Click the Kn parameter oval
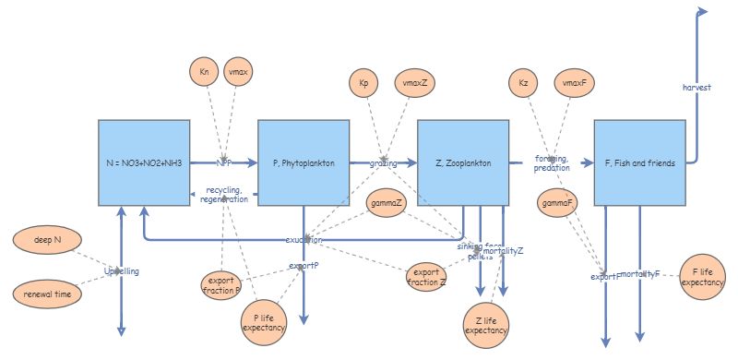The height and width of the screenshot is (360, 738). [x=204, y=71]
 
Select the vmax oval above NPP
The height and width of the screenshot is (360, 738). [x=239, y=71]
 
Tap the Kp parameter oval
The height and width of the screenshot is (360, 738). [x=363, y=84]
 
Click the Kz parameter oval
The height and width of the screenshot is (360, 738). [x=523, y=84]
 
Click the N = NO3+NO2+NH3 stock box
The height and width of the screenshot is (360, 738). [x=144, y=162]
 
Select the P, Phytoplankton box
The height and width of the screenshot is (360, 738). [x=304, y=162]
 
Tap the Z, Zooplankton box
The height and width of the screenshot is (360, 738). [x=463, y=162]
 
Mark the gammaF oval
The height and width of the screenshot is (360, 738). [x=555, y=202]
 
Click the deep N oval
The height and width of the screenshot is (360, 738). [x=48, y=240]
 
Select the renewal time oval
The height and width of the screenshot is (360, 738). [x=48, y=294]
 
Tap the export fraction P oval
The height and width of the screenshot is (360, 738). [x=221, y=284]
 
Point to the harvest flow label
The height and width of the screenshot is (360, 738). [x=696, y=87]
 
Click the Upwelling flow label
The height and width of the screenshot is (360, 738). [x=122, y=271]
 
